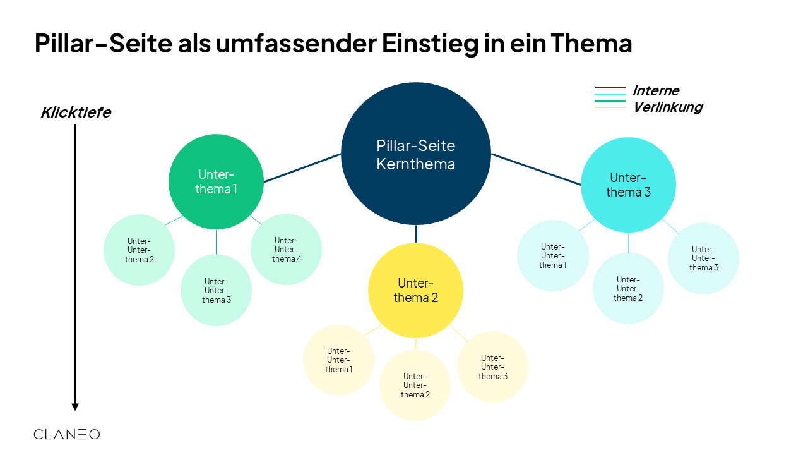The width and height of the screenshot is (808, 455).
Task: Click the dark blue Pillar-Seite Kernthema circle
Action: [x=416, y=154]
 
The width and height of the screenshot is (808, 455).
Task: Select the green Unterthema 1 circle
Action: [x=216, y=181]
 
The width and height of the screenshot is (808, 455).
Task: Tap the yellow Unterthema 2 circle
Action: [x=415, y=290]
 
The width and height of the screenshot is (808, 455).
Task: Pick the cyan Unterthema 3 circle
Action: [x=628, y=185]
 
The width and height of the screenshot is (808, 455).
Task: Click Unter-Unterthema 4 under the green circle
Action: [x=286, y=249]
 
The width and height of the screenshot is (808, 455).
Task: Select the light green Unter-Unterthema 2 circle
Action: [x=139, y=250]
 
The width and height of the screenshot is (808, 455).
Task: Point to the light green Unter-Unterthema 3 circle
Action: [x=216, y=290]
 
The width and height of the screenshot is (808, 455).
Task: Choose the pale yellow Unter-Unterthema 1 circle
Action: [x=338, y=360]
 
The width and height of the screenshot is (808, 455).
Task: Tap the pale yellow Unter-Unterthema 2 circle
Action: [x=415, y=385]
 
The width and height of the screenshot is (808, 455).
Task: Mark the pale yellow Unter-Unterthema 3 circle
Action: [x=492, y=367]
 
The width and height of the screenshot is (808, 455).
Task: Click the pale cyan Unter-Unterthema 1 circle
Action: [x=552, y=255]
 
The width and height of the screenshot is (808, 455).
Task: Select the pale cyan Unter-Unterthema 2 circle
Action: [x=627, y=288]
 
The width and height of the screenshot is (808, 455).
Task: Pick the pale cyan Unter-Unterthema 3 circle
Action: [x=703, y=258]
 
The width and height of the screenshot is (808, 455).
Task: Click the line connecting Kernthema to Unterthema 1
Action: [x=303, y=168]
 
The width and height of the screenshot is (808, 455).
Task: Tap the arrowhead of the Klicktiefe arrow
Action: [x=75, y=406]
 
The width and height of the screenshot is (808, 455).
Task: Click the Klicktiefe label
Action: [x=76, y=112]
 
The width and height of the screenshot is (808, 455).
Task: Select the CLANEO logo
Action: [x=66, y=434]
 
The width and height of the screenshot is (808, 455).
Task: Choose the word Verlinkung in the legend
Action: [x=667, y=107]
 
